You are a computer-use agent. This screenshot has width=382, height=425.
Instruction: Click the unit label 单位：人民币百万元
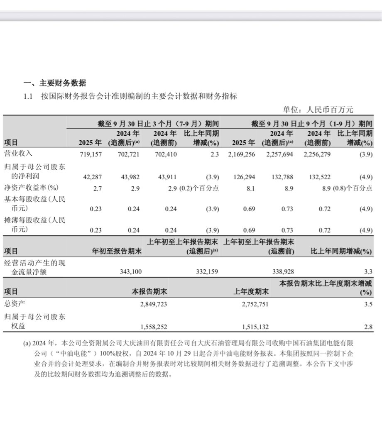coord(318,110)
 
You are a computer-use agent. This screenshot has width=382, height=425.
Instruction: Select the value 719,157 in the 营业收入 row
coord(90,154)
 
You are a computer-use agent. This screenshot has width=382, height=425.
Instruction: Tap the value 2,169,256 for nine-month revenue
coord(242,154)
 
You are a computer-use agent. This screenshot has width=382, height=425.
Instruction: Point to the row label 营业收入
coord(18,154)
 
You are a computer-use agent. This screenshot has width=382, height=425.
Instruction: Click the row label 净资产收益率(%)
coord(31,188)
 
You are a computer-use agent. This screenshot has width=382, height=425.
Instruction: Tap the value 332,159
coord(206,272)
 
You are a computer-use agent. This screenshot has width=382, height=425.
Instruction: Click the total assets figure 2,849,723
coord(153,304)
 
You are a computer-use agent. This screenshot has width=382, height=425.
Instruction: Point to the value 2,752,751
coord(255,304)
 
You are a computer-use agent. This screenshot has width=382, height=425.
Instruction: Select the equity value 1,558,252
coord(153,327)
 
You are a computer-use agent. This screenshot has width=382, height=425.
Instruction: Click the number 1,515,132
coord(255,327)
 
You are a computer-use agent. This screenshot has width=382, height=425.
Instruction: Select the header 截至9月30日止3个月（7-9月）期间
coord(158,124)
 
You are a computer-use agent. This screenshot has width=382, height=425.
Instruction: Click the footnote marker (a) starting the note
coord(27,344)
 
